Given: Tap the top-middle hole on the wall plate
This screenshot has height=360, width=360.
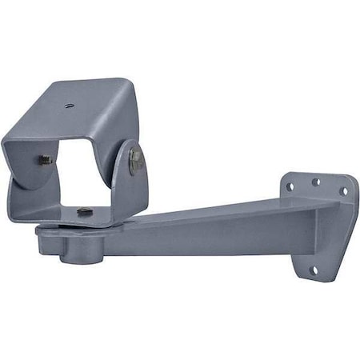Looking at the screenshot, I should click(315, 182).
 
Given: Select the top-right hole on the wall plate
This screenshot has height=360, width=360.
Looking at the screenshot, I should click(343, 191).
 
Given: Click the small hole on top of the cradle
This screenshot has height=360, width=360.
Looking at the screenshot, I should click(69, 103).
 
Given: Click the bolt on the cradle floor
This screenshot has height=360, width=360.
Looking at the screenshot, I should click(85, 211).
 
